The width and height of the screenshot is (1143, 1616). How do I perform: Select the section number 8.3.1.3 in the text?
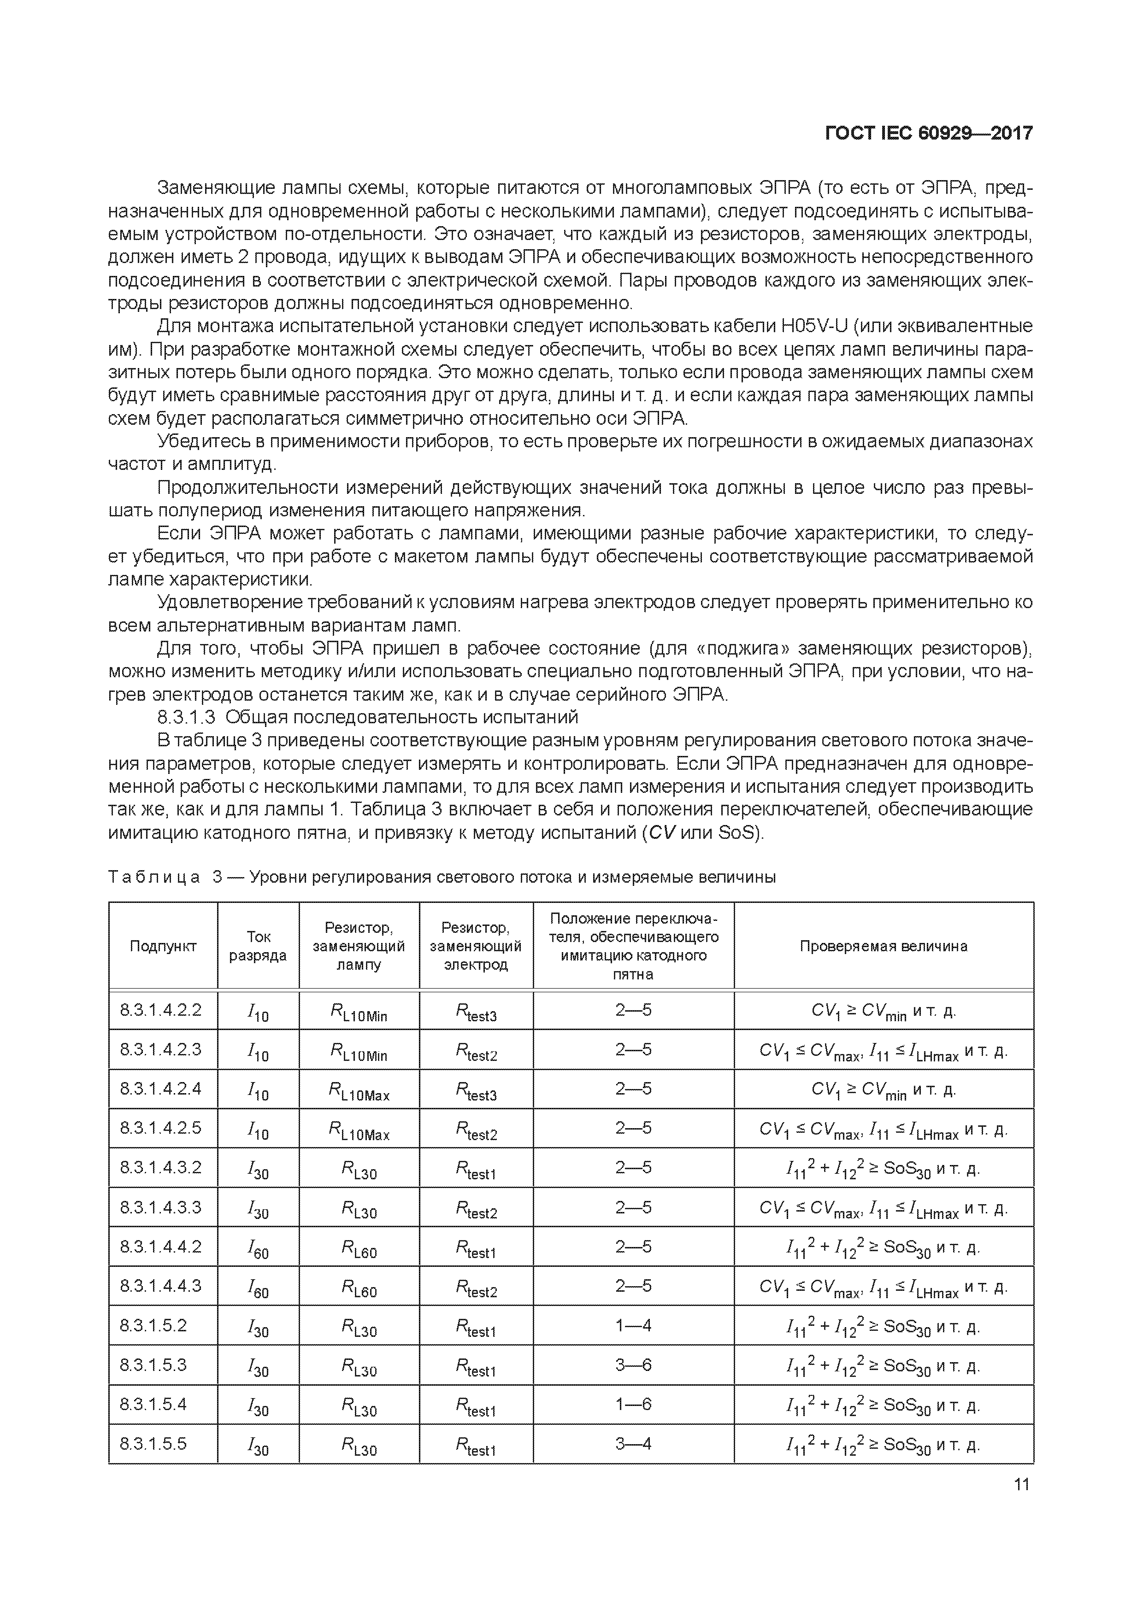click(187, 717)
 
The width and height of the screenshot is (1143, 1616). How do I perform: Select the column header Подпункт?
click(164, 946)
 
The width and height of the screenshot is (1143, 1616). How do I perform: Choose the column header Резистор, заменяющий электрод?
click(476, 946)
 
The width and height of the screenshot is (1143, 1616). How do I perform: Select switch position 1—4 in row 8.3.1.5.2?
click(633, 1325)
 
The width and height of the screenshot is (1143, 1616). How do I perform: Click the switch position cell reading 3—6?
click(633, 1365)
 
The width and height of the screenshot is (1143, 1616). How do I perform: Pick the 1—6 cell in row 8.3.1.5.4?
click(633, 1404)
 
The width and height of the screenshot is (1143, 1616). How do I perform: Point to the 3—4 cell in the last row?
click(633, 1444)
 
